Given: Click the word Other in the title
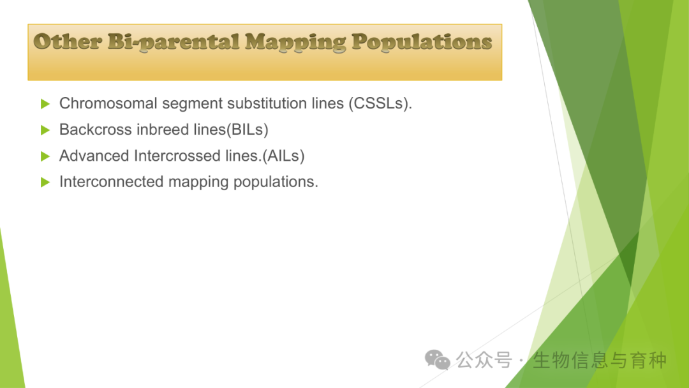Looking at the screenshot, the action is pos(68,41).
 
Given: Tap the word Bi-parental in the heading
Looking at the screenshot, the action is pos(173,43).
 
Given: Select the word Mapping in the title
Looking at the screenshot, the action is pos(295,43).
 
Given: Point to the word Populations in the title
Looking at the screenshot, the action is pos(422,43).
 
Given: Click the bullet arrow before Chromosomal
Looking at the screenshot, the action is pos(45,104).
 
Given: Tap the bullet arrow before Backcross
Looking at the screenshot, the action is pos(45,130).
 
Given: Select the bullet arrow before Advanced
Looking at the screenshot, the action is pos(45,156).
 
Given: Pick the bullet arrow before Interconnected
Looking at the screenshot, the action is pos(45,182).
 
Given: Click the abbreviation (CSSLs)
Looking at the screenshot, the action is pos(380,104).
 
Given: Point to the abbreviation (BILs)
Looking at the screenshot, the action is pos(248,130).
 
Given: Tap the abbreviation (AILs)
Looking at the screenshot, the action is pos(283,156).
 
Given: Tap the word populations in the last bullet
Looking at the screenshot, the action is pos(276,183).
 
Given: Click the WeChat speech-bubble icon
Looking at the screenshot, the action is pos(437,360).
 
